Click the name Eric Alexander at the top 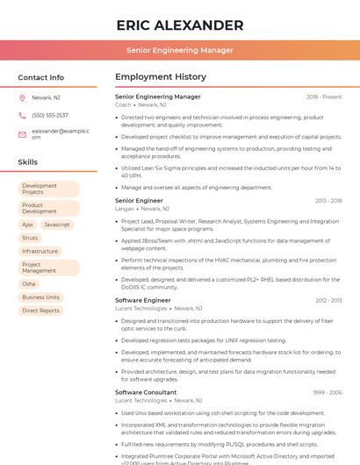179,25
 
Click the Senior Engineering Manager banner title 179,50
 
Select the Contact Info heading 40,77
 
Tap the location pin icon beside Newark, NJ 22,98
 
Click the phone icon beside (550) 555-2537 22,115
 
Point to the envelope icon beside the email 22,133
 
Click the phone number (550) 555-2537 49,115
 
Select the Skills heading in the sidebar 27,162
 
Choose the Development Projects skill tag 48,189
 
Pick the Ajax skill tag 28,225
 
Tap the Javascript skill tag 57,225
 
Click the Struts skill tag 30,238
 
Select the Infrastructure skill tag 40,251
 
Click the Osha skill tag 29,284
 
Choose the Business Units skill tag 41,297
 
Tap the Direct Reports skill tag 41,311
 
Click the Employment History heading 160,77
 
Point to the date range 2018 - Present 324,97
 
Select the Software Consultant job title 146,392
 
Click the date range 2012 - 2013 328,300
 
